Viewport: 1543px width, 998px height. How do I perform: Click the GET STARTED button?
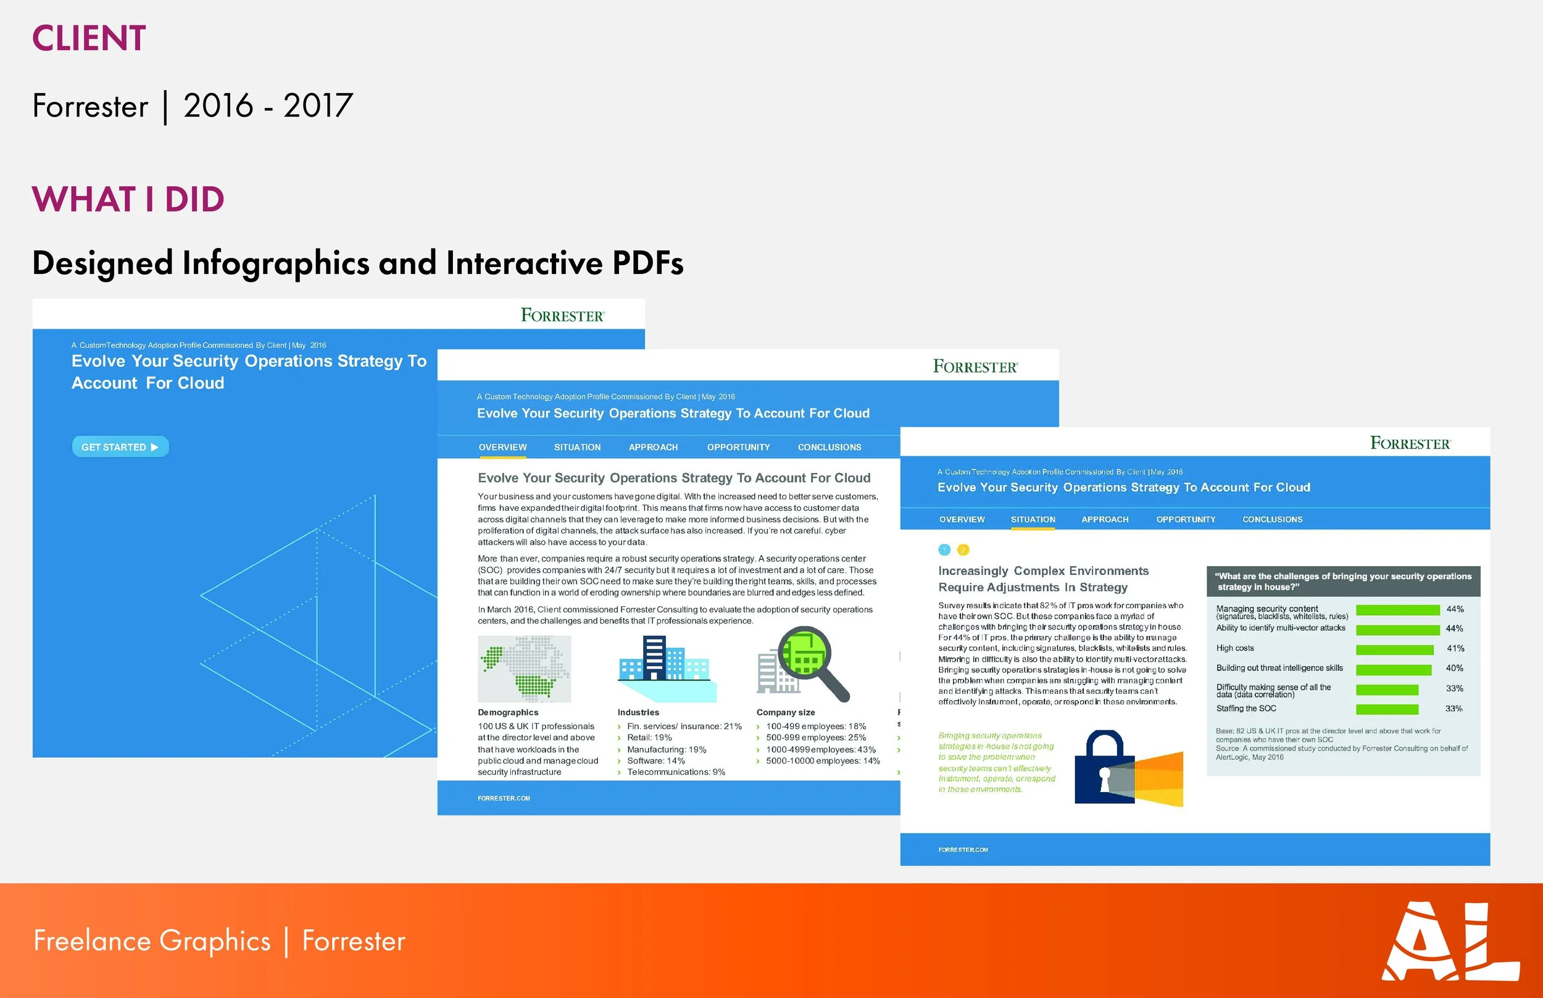coord(120,447)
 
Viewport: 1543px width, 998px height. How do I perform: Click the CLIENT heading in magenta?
coord(89,38)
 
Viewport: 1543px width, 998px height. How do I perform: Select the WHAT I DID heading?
coord(128,199)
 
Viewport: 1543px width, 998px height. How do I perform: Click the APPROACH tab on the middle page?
coord(653,447)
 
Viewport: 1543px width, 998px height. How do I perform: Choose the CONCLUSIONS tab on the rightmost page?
coord(1272,519)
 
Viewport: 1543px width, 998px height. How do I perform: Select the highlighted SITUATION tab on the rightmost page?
coord(1033,519)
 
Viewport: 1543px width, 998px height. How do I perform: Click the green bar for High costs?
coord(1394,650)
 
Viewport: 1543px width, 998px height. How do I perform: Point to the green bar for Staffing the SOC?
coord(1387,709)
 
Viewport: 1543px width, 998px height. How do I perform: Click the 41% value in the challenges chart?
coord(1455,648)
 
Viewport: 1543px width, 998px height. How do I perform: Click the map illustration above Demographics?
coord(525,669)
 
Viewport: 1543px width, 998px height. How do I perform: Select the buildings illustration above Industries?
coord(665,667)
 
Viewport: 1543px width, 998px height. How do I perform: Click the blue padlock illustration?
coord(1104,768)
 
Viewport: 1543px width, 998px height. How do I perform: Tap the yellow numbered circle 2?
coord(963,550)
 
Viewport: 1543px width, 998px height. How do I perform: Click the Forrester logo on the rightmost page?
coord(1410,443)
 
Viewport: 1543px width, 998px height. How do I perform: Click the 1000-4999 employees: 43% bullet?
coord(820,749)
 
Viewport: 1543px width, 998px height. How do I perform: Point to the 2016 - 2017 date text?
coord(268,105)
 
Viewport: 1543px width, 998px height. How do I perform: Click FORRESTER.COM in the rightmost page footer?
coord(963,849)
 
